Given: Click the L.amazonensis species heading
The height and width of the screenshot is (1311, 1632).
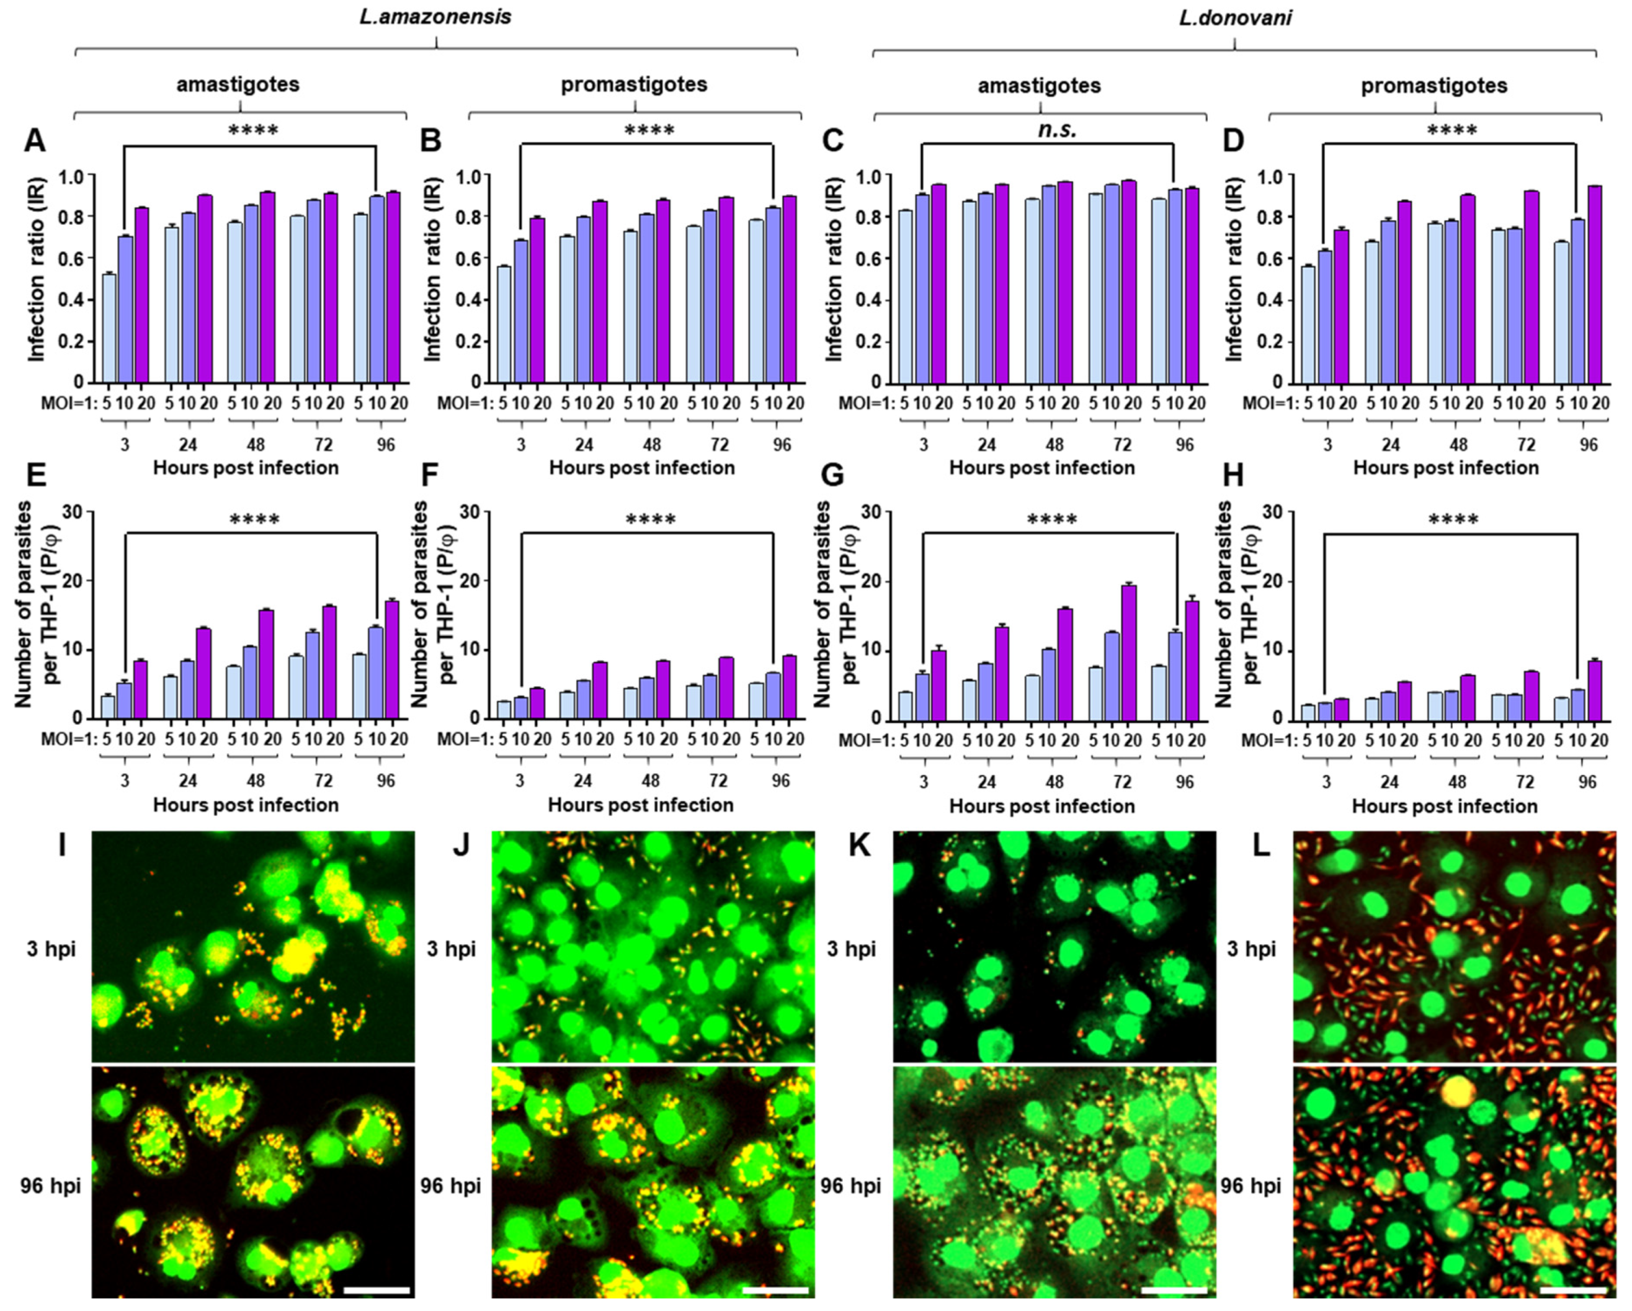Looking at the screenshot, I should click(x=435, y=17).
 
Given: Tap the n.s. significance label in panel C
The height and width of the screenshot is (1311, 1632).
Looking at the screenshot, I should click(x=1058, y=130).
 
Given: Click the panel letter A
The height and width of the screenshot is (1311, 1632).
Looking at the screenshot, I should click(x=34, y=141).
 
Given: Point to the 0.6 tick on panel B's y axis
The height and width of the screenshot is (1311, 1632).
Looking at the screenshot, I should click(x=471, y=259).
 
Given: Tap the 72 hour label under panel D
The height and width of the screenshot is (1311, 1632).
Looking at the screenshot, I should click(x=1526, y=444).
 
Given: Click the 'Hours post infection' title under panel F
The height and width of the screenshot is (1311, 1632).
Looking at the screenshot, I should click(x=640, y=805).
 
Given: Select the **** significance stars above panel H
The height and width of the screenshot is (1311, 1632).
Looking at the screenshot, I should click(x=1451, y=520).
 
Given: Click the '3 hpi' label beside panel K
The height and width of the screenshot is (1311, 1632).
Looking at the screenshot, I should click(x=852, y=949).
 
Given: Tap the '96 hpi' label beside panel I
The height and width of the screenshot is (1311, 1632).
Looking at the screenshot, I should click(x=50, y=1185).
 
